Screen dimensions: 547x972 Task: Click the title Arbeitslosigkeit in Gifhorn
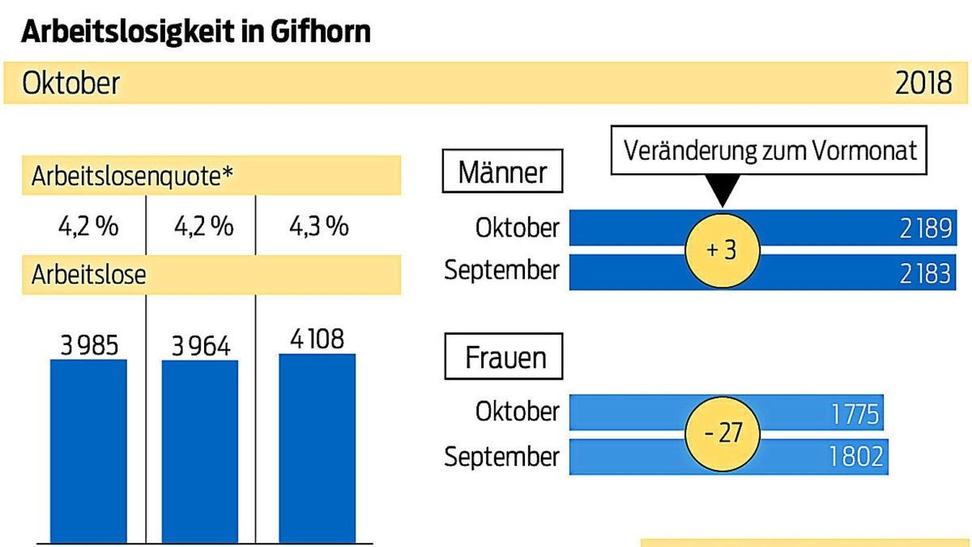point(196,31)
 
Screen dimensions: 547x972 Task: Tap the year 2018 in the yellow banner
point(923,83)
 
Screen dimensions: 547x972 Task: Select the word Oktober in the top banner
point(71,83)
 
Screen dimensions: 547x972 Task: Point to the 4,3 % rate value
point(318,226)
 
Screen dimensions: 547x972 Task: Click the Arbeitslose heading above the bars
point(89,274)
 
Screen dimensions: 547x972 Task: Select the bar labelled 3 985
point(88,450)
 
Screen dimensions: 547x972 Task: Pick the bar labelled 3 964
point(200,450)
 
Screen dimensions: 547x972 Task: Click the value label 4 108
point(317,338)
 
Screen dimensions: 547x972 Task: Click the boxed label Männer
point(502,172)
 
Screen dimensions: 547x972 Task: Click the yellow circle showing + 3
point(722,250)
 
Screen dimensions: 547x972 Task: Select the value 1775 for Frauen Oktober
point(854,415)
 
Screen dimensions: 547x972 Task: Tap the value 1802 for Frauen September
point(855,457)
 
